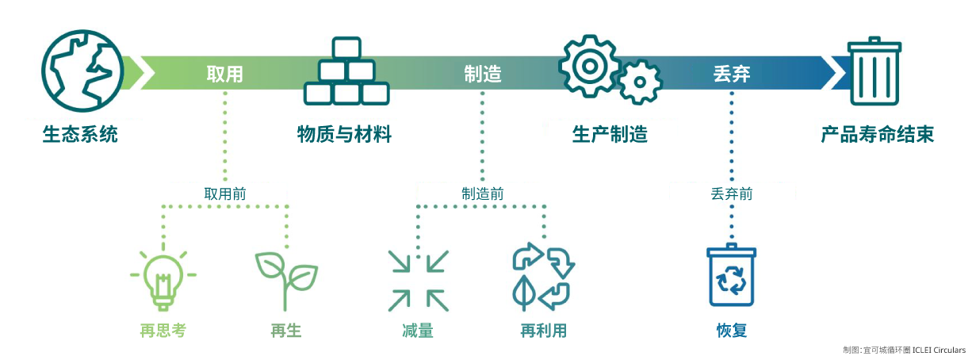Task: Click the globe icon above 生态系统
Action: (82, 71)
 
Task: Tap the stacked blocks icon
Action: (346, 71)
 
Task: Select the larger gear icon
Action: (589, 66)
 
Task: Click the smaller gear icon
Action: (640, 82)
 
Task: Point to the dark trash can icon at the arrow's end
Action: (874, 71)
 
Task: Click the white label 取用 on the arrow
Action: (224, 74)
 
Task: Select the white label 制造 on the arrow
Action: (483, 74)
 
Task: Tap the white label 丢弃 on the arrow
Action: (732, 74)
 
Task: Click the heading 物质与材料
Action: (344, 134)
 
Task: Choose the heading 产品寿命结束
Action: (877, 134)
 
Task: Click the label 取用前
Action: (225, 193)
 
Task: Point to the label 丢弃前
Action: (732, 193)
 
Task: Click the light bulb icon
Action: (163, 278)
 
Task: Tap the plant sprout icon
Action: (286, 281)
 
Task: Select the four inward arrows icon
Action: (418, 281)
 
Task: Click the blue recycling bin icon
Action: (732, 275)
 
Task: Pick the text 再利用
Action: (543, 331)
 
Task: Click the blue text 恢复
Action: (732, 331)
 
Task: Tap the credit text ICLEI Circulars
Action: (939, 350)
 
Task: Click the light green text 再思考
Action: (163, 331)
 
